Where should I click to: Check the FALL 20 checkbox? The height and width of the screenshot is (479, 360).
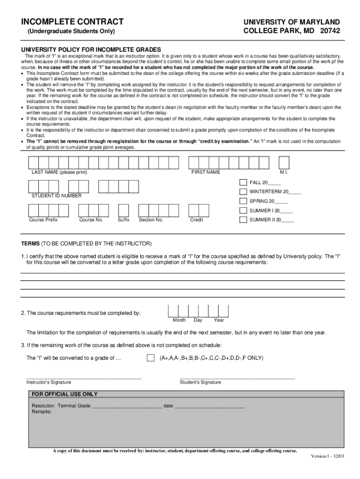point(243,182)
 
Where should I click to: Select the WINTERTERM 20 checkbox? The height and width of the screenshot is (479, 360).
point(243,192)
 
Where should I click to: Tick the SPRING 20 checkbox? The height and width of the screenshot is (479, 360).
point(243,201)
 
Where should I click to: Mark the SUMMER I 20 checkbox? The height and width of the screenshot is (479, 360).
point(243,210)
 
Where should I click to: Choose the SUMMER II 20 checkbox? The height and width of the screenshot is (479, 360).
point(243,219)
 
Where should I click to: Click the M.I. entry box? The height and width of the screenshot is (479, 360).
point(283,162)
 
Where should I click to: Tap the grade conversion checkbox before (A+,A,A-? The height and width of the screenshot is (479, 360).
point(150,358)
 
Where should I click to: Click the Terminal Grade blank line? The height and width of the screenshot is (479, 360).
point(127,406)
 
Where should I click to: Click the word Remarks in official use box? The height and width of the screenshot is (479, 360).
point(42,412)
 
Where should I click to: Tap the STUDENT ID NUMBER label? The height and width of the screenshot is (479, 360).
point(56,196)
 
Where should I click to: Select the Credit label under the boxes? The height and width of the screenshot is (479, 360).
point(196,220)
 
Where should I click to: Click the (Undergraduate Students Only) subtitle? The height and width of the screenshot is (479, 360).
point(71,31)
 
